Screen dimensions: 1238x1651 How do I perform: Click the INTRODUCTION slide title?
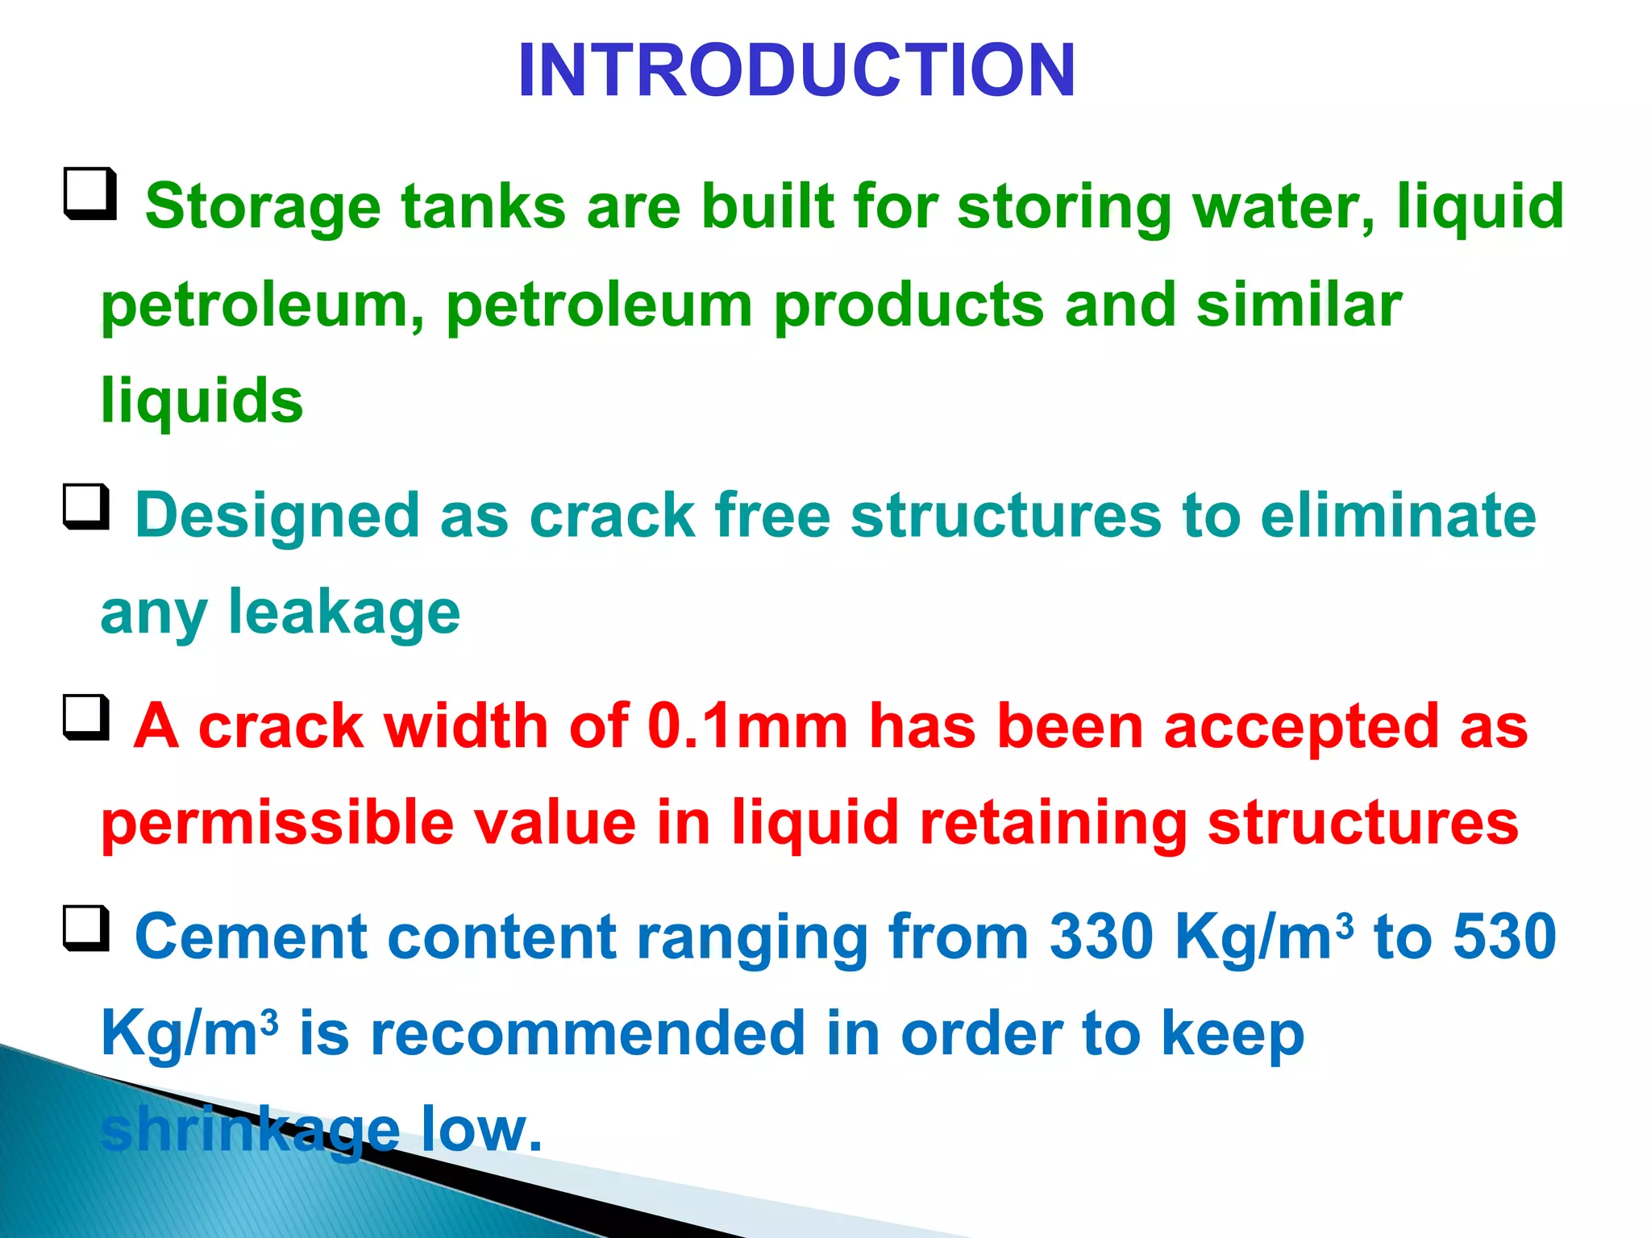click(796, 71)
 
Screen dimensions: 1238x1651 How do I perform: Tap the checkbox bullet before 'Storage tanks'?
click(89, 194)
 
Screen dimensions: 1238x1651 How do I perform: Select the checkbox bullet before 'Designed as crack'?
click(86, 507)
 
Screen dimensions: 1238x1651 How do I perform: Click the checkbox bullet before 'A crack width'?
click(86, 717)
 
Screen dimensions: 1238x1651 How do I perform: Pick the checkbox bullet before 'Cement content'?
click(86, 928)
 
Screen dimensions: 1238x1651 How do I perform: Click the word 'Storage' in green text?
click(263, 208)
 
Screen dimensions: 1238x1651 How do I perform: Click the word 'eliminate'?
click(1398, 516)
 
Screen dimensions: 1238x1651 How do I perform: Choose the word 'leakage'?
click(344, 613)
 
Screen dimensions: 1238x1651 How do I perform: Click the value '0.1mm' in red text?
click(747, 726)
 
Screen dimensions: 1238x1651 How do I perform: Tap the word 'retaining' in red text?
click(1053, 824)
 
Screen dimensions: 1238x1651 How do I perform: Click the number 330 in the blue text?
click(1102, 937)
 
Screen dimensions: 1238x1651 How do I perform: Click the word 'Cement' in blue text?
click(251, 937)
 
